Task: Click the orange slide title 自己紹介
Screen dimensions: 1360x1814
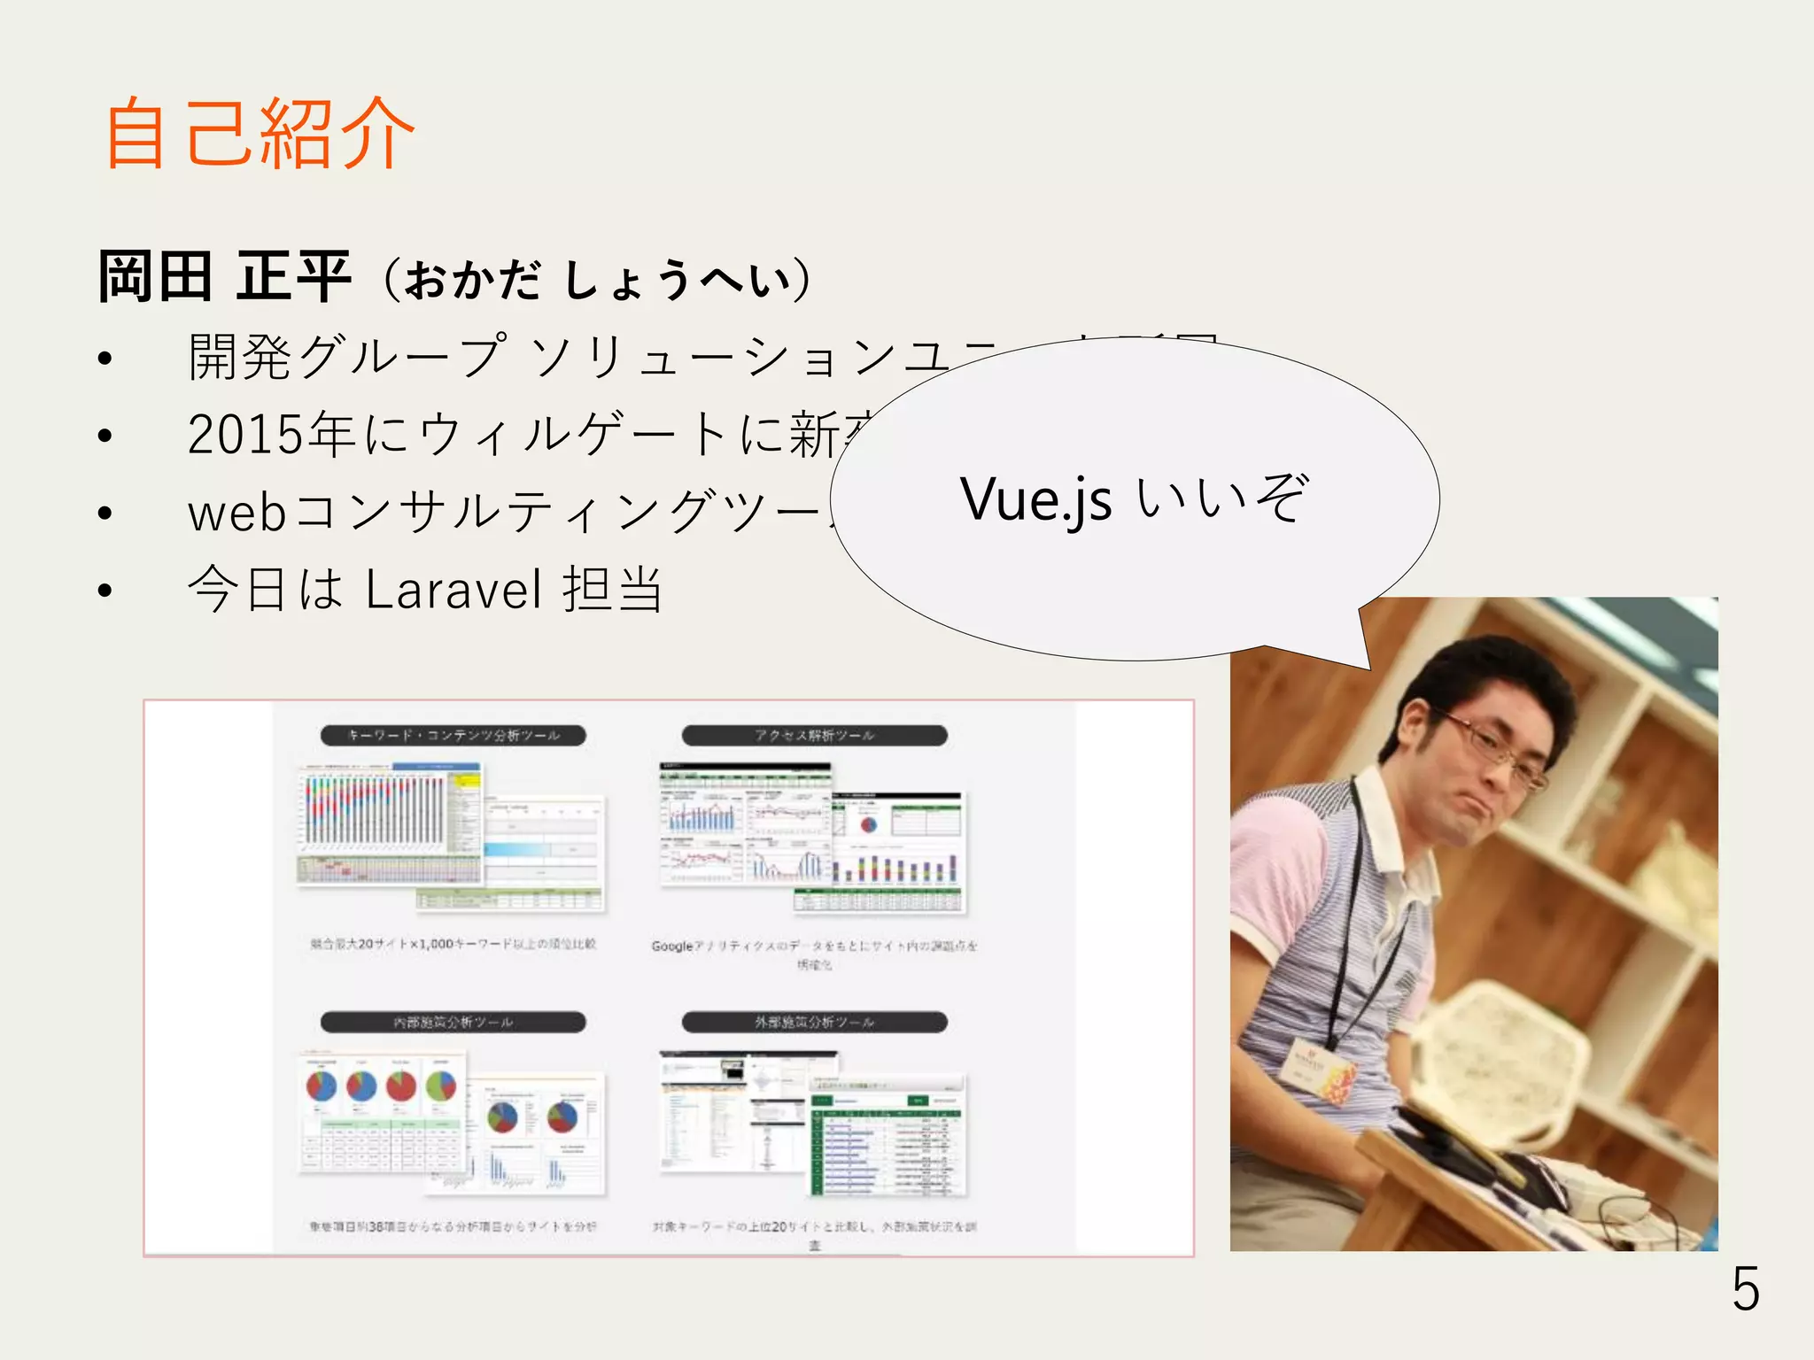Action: [x=259, y=134]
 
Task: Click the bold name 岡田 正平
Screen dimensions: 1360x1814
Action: [x=225, y=277]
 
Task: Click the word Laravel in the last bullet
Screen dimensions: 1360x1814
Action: [x=453, y=590]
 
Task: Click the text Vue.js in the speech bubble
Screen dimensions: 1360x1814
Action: [x=1035, y=499]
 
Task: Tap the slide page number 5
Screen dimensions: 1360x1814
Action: [x=1745, y=1289]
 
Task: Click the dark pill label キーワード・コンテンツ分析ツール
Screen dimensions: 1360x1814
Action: [x=453, y=736]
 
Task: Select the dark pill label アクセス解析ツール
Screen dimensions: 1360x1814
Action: [x=814, y=736]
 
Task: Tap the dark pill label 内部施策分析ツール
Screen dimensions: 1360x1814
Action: [x=453, y=1023]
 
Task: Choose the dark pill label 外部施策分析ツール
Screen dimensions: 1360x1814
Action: [x=814, y=1023]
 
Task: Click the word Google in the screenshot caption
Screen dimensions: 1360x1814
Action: [x=671, y=947]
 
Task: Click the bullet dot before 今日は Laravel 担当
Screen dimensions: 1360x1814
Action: [x=105, y=591]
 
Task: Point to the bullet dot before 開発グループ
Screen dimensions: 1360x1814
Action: [x=105, y=359]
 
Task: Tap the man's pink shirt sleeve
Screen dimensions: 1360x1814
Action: [x=1275, y=850]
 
